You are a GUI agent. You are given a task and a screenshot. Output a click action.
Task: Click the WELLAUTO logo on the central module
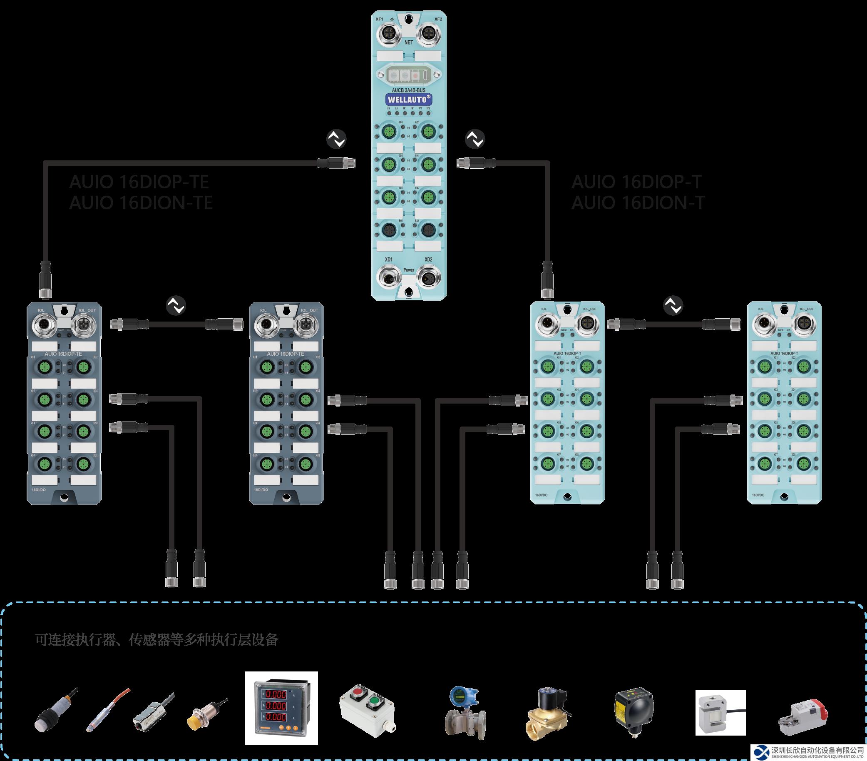tap(408, 100)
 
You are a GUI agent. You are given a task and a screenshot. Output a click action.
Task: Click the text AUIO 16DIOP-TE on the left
tap(139, 182)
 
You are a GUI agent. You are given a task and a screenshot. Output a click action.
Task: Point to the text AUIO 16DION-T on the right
tap(638, 202)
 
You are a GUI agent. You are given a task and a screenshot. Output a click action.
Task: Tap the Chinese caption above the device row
tap(157, 640)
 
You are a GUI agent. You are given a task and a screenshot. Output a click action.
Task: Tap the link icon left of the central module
tap(336, 139)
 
